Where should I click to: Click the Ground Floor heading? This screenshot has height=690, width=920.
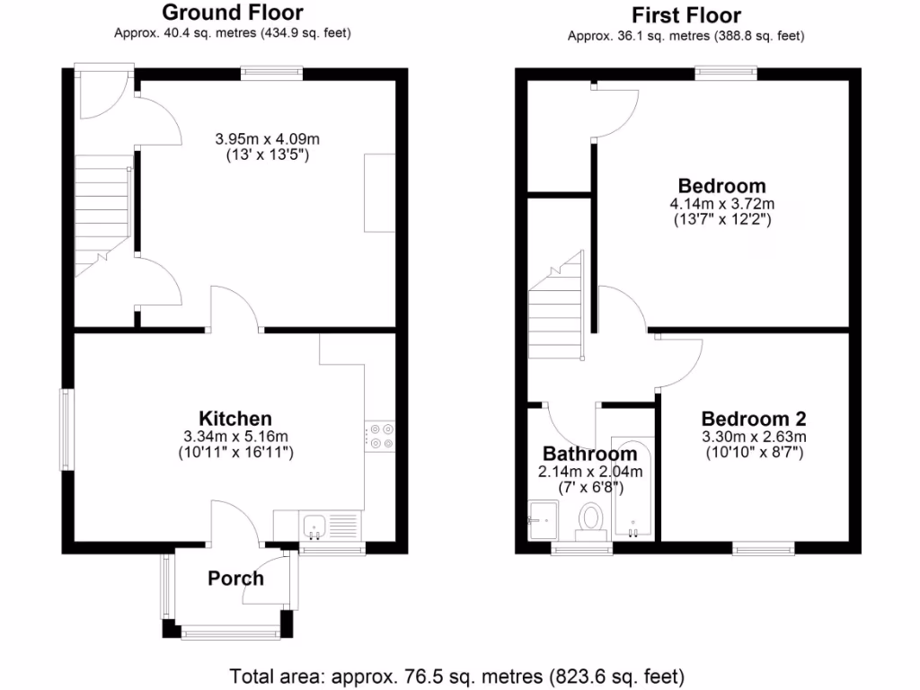coord(232,13)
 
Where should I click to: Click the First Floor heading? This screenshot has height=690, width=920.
coord(686,15)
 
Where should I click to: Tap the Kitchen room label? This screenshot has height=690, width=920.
coord(234,419)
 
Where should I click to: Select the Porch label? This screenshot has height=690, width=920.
coord(235,578)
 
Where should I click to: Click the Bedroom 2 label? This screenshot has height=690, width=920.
coord(753,419)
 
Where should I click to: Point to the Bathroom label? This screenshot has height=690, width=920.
coord(589,454)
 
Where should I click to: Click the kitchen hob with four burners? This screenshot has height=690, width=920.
coord(380,436)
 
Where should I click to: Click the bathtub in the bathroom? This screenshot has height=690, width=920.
coord(634,490)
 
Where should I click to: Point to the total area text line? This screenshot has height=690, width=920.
coord(457,676)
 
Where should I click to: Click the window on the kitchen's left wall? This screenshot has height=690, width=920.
coord(67,429)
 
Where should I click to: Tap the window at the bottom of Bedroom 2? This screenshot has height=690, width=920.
coord(763,545)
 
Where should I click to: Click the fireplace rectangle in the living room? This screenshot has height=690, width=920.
coord(379,193)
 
